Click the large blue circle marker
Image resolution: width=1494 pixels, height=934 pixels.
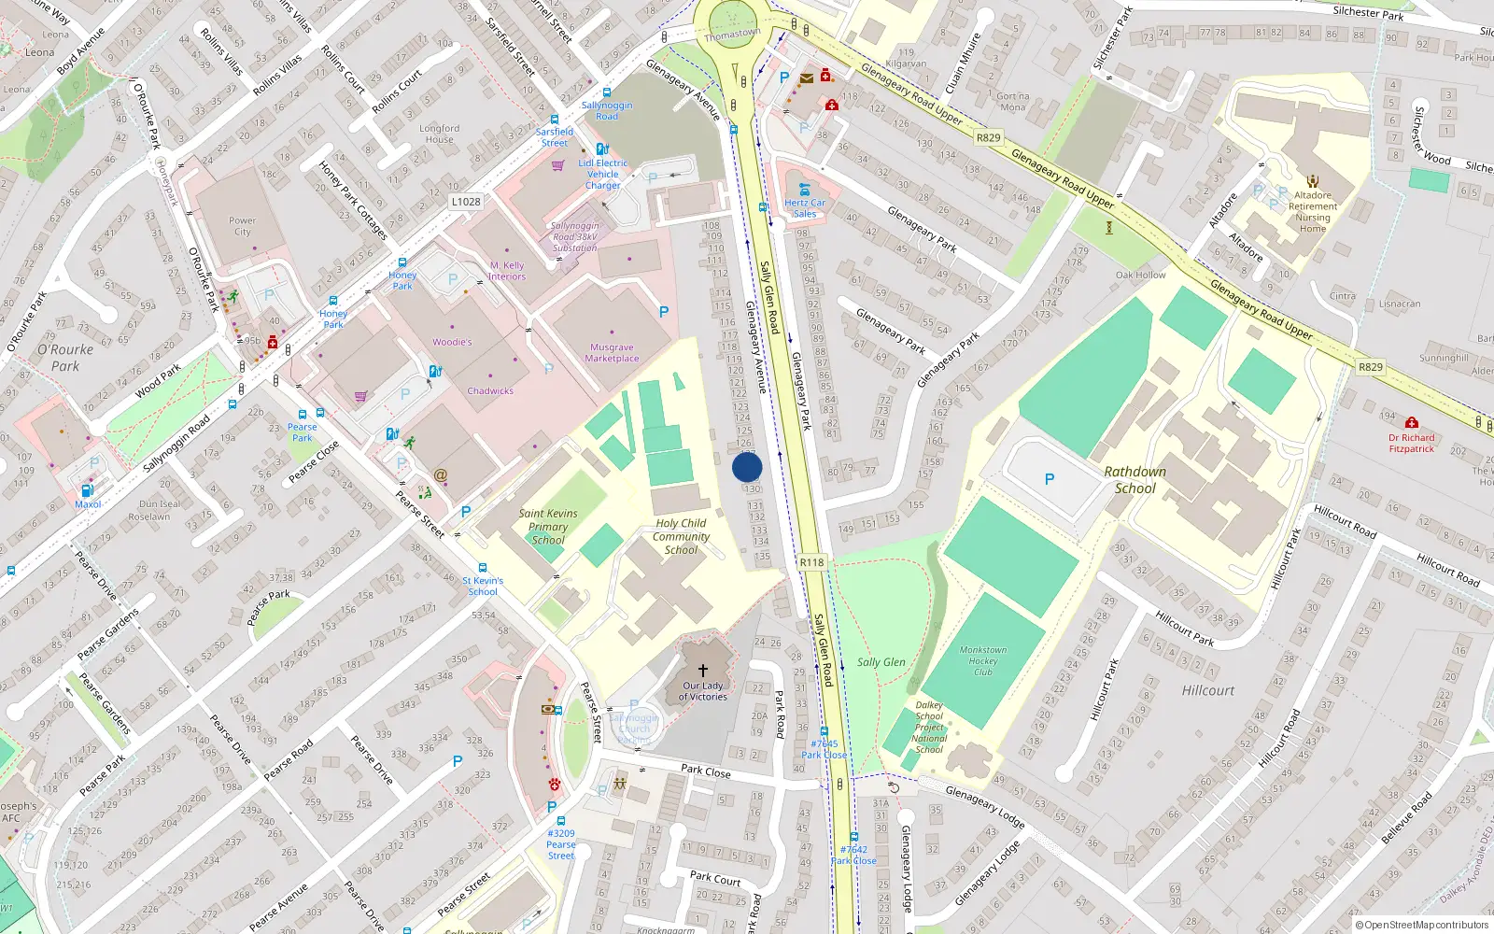(747, 467)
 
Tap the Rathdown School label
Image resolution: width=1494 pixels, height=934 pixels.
(1135, 479)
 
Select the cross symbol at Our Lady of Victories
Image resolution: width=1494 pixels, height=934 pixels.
(703, 670)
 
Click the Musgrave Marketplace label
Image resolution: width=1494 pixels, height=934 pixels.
(612, 353)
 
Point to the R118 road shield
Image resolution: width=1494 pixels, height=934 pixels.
(811, 562)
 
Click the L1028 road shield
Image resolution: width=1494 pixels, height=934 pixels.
(466, 202)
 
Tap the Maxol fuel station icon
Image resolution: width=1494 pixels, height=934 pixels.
(87, 490)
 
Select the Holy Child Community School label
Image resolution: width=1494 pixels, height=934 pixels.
(681, 537)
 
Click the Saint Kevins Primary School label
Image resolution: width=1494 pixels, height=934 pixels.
(548, 527)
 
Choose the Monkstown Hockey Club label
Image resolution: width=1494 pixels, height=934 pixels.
(983, 660)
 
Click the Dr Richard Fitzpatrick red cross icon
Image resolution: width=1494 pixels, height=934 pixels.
(1411, 423)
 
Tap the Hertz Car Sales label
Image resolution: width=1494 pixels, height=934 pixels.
(805, 207)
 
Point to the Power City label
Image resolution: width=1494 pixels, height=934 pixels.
(242, 226)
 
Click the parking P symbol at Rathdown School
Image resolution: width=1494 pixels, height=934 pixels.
(1049, 479)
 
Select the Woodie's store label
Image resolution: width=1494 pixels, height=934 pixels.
(452, 342)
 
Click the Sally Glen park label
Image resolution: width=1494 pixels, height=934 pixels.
(881, 662)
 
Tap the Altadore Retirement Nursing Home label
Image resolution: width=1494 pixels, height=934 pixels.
(1312, 212)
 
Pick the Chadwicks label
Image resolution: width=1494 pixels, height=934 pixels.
(490, 391)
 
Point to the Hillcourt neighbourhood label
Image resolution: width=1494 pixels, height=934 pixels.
(1207, 691)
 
